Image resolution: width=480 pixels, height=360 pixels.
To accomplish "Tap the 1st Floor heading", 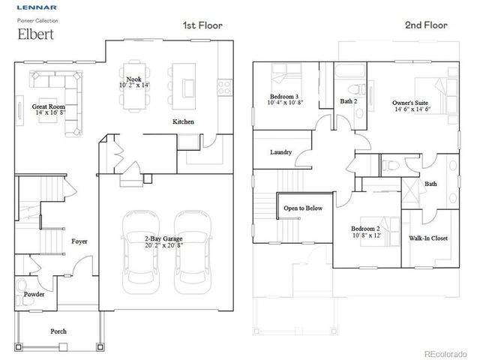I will pyautogui.click(x=201, y=25).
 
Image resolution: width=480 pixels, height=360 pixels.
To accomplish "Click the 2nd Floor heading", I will pyautogui.click(x=426, y=25).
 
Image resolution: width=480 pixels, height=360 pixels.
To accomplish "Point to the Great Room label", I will pyautogui.click(x=48, y=107).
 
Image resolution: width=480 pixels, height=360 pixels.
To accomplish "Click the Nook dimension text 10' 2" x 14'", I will pyautogui.click(x=133, y=85).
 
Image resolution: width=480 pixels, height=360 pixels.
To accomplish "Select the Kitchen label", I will pyautogui.click(x=183, y=121).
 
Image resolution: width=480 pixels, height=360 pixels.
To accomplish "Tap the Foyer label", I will pyautogui.click(x=80, y=241).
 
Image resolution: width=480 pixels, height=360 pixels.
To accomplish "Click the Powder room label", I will pyautogui.click(x=34, y=295).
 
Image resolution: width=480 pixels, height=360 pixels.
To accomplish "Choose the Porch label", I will pyautogui.click(x=58, y=331).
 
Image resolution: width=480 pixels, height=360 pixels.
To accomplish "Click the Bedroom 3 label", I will pyautogui.click(x=285, y=97).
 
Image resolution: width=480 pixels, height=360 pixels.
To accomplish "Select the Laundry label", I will pyautogui.click(x=281, y=152).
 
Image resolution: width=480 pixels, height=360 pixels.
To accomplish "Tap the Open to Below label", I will pyautogui.click(x=302, y=208).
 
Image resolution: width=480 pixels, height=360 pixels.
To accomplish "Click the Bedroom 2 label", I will pyautogui.click(x=367, y=228).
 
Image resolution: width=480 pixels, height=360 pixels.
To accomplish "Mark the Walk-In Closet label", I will pyautogui.click(x=428, y=238).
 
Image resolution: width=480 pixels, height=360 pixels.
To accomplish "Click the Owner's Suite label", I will pyautogui.click(x=412, y=102).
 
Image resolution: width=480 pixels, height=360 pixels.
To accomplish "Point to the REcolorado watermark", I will pyautogui.click(x=448, y=352).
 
